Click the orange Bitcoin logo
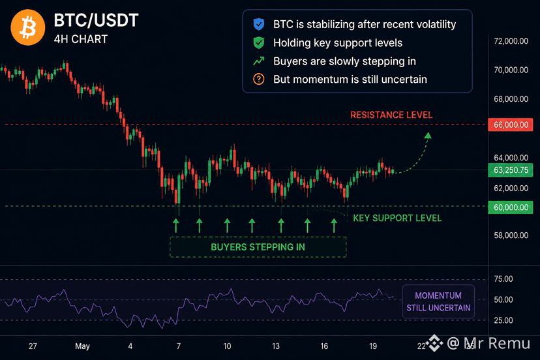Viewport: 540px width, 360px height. click(28, 27)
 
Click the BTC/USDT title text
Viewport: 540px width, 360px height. click(96, 20)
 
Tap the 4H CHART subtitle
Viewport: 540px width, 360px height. click(81, 39)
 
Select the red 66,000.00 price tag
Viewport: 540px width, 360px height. click(511, 125)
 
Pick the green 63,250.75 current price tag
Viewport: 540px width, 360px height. click(511, 170)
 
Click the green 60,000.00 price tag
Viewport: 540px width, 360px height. click(511, 207)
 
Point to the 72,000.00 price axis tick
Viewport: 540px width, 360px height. click(511, 41)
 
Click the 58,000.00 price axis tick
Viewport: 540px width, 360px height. click(511, 235)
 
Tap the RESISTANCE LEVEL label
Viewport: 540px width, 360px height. click(391, 115)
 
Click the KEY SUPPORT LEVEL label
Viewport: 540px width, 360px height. click(397, 218)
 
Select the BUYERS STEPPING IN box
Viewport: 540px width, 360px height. click(258, 247)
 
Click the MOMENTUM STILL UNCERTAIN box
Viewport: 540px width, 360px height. click(438, 301)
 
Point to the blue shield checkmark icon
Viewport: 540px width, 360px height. click(259, 24)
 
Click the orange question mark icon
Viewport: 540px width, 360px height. click(259, 79)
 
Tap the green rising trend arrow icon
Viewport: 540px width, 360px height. click(259, 61)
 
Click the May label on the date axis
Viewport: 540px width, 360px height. click(82, 346)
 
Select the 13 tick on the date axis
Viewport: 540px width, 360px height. click(275, 346)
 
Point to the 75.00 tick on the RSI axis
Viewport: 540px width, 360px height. click(503, 278)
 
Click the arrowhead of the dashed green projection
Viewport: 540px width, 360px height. click(428, 136)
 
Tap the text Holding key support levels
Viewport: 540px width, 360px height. click(338, 43)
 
